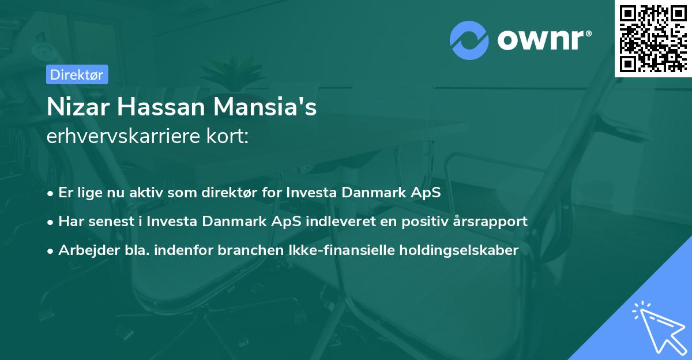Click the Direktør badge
[76, 74]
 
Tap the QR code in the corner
[653, 38]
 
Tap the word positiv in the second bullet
[423, 222]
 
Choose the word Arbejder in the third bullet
[85, 250]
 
